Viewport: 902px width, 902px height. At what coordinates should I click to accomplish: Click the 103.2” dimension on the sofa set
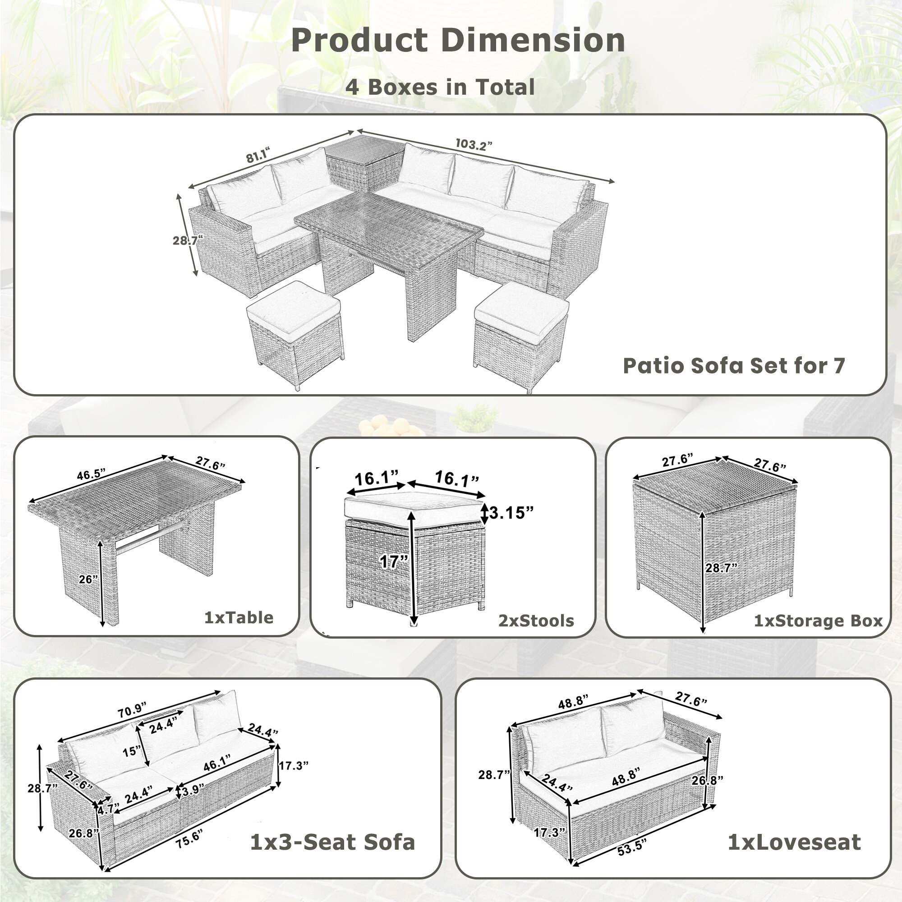(x=474, y=145)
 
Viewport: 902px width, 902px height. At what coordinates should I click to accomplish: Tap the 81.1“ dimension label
(x=258, y=156)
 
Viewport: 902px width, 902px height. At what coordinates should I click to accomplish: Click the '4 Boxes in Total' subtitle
(x=440, y=87)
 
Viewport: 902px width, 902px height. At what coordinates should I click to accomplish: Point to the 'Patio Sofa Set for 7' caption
(x=734, y=366)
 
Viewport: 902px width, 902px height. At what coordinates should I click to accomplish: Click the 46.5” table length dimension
(x=91, y=475)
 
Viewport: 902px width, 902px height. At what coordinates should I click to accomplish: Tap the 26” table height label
(x=88, y=580)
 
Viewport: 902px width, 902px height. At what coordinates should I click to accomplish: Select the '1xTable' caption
(x=239, y=618)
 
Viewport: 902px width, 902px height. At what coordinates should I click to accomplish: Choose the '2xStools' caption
(x=536, y=621)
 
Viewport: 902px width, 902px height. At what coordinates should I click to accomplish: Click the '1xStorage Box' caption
(x=819, y=621)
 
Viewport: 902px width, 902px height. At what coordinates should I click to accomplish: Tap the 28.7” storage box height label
(x=721, y=568)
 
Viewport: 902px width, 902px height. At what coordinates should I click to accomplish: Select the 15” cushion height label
(x=132, y=752)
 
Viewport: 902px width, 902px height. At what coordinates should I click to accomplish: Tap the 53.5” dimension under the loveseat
(x=632, y=847)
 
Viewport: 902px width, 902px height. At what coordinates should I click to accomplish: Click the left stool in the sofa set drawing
(x=295, y=331)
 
